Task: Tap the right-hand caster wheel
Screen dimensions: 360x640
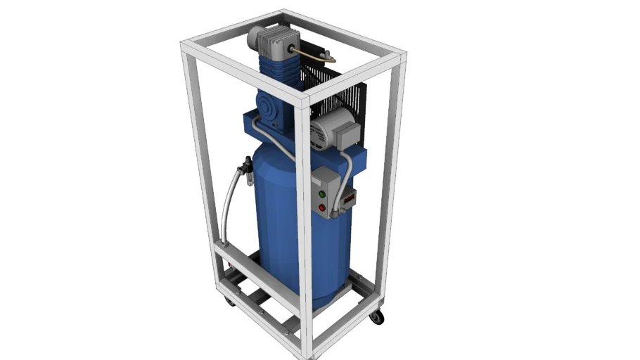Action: pos(377,317)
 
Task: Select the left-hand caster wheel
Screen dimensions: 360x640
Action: pos(230,301)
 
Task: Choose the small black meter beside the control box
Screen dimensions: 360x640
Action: pos(347,201)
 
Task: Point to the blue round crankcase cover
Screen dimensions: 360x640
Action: pos(269,109)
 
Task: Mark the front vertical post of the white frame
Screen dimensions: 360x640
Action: pos(305,232)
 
